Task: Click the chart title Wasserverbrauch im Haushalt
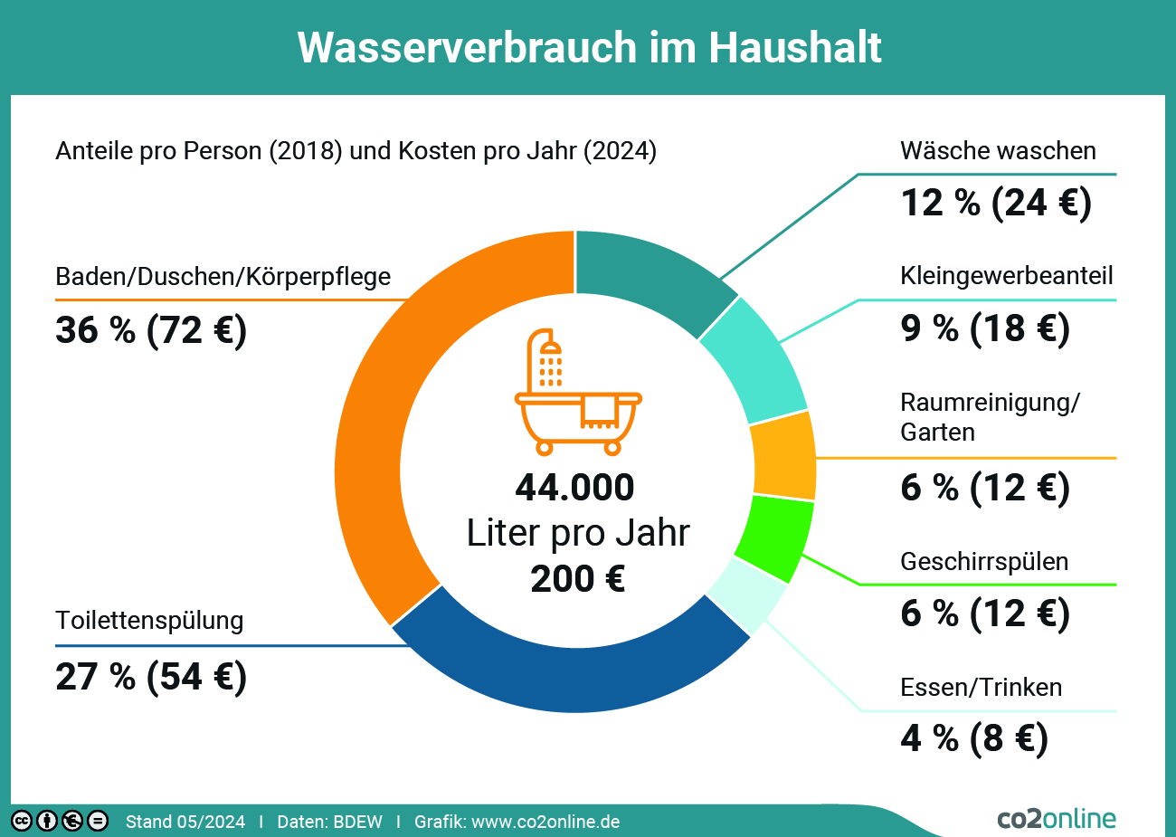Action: tap(589, 47)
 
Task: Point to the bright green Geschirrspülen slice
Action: tap(773, 537)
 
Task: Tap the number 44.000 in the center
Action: tap(574, 488)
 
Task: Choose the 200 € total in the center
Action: tap(577, 579)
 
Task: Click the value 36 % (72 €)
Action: tap(151, 330)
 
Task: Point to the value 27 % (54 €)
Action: tap(151, 677)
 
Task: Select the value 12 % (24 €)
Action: tap(996, 203)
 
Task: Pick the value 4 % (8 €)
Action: tap(974, 738)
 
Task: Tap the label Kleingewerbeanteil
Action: tap(1006, 276)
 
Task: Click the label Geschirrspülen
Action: tap(984, 562)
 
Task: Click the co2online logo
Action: tap(1057, 818)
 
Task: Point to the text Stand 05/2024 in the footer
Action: tap(185, 822)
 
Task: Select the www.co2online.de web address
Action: tap(545, 822)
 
